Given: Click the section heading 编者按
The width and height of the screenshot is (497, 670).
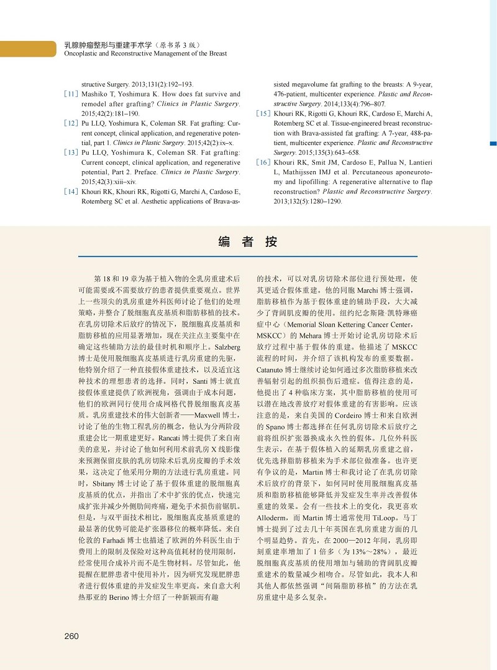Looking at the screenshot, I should [x=248, y=243].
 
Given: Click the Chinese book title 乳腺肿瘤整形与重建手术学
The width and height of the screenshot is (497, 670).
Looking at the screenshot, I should [x=107, y=45].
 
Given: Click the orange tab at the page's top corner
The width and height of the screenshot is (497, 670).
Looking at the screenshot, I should [x=25, y=47].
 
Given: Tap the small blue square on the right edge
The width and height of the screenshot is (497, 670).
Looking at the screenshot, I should [x=493, y=144].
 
